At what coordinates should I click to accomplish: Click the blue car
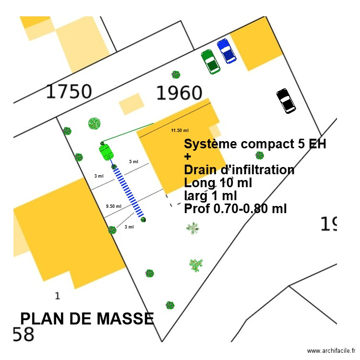pyautogui.click(x=226, y=51)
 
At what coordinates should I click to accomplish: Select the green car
pyautogui.click(x=210, y=61)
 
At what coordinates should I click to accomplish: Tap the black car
pyautogui.click(x=287, y=101)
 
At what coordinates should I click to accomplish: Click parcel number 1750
pyautogui.click(x=69, y=91)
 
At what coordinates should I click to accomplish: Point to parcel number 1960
pyautogui.click(x=179, y=93)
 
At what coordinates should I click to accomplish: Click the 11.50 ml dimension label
pyautogui.click(x=180, y=130)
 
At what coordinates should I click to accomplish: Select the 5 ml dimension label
pyautogui.click(x=133, y=162)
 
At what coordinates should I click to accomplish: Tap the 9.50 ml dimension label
pyautogui.click(x=113, y=206)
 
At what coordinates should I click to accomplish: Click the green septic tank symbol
pyautogui.click(x=107, y=152)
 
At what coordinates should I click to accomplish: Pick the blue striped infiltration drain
pyautogui.click(x=128, y=192)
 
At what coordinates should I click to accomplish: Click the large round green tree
pyautogui.click(x=95, y=123)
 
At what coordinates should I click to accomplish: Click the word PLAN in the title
pyautogui.click(x=45, y=319)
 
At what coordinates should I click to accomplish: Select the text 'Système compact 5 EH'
pyautogui.click(x=255, y=144)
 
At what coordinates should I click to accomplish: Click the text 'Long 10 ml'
pyautogui.click(x=218, y=183)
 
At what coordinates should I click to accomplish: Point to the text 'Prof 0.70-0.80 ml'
pyautogui.click(x=235, y=209)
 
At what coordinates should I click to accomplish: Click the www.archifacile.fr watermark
pyautogui.click(x=331, y=351)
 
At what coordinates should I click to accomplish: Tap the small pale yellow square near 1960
pyautogui.click(x=132, y=104)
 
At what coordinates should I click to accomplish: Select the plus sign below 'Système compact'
pyautogui.click(x=188, y=157)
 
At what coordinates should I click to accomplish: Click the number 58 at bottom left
pyautogui.click(x=24, y=335)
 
